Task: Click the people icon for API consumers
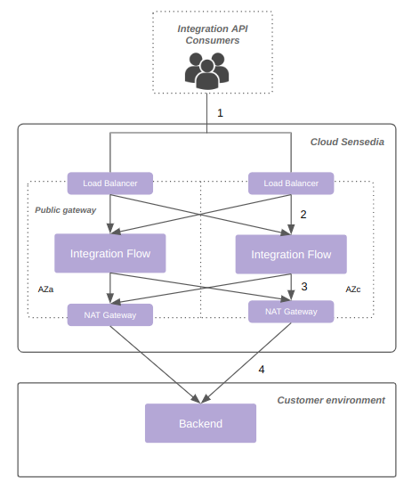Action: (206, 70)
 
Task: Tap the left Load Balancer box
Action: (110, 183)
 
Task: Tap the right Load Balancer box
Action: (291, 183)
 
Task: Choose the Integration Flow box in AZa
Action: (110, 254)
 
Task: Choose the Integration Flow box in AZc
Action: (291, 255)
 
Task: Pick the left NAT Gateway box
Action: (110, 314)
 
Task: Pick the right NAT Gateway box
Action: (291, 311)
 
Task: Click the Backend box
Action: (200, 423)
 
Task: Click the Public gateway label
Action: (66, 210)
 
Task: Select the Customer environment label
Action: (331, 400)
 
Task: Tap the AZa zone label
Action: (45, 290)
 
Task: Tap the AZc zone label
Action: (353, 290)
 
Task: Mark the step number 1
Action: (220, 113)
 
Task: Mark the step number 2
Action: (303, 215)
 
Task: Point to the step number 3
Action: (304, 287)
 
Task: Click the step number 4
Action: (261, 369)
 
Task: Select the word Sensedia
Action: (362, 142)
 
